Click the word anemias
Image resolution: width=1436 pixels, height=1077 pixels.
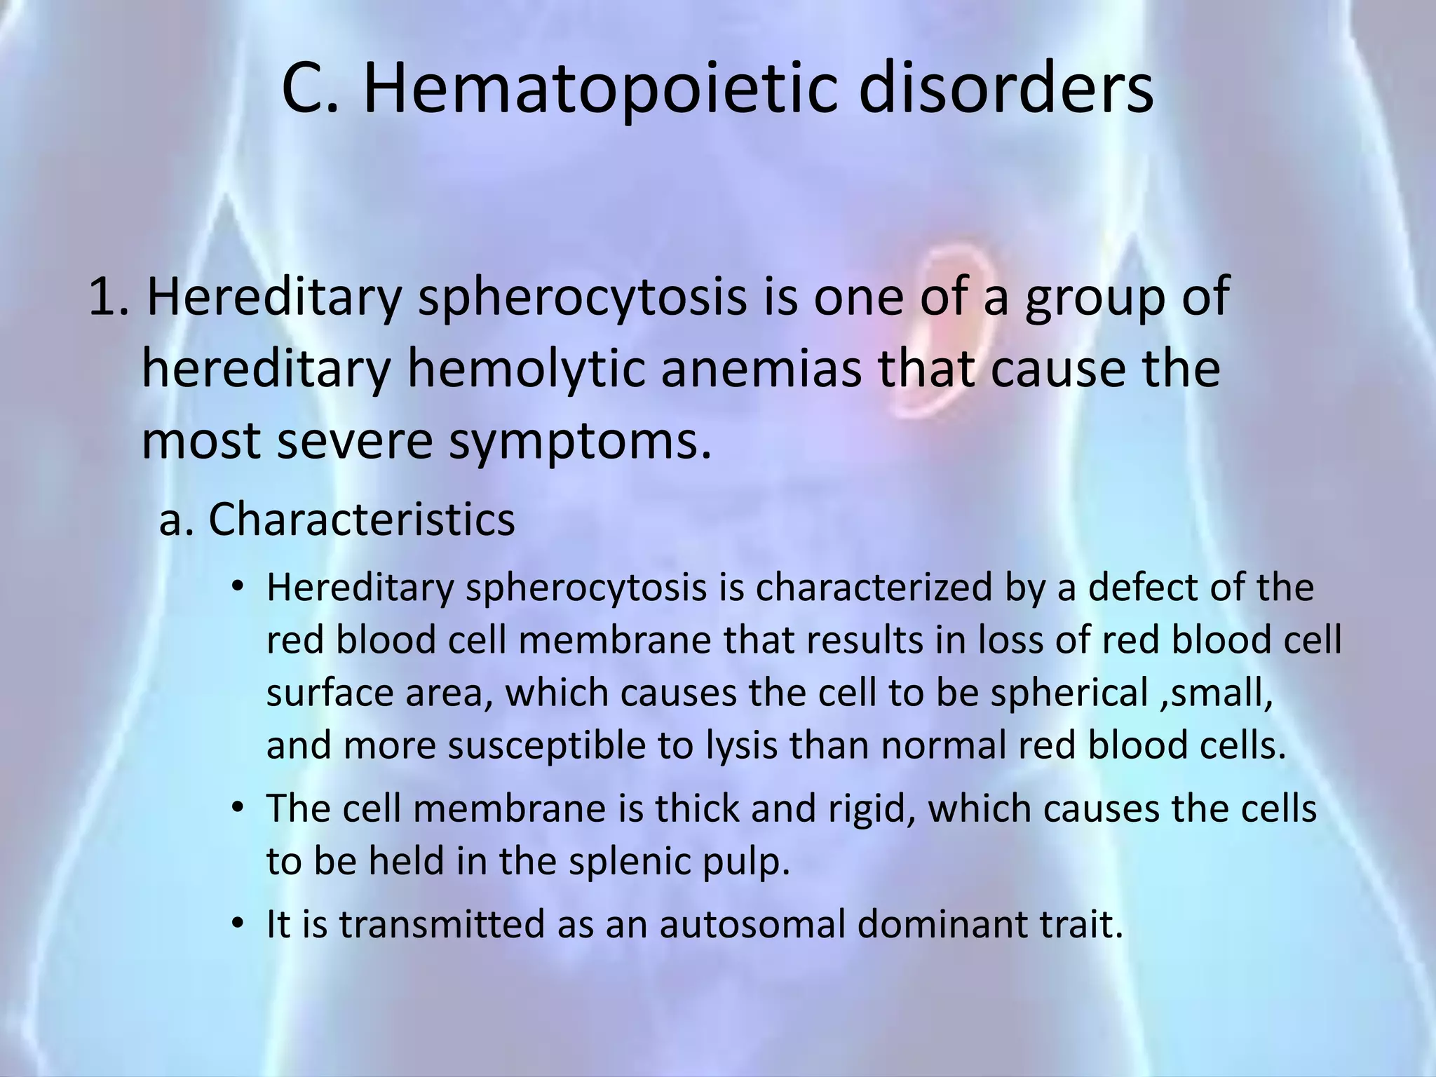point(761,370)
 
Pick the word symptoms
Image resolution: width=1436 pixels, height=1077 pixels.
point(579,443)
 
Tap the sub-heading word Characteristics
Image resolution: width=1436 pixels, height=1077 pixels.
point(361,520)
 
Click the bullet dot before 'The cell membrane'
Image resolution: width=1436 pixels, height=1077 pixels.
point(238,808)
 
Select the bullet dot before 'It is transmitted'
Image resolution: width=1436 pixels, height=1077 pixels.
point(238,923)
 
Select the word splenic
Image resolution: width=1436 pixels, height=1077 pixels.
point(613,862)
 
